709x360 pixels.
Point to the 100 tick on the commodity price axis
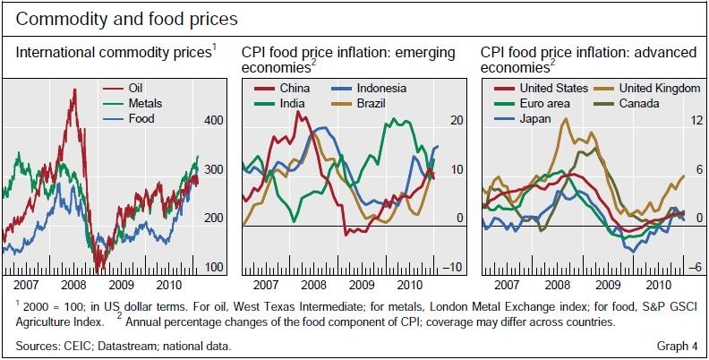(x=215, y=268)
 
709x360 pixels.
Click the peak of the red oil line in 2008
(x=73, y=90)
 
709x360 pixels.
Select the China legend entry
(x=296, y=88)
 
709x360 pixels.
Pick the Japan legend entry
(x=534, y=118)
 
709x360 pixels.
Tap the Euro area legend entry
(x=543, y=103)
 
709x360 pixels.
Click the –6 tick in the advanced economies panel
(x=693, y=268)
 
